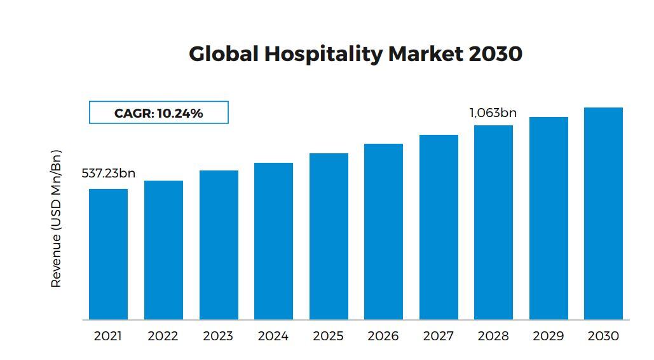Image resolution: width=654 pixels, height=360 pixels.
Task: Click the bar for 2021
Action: coord(108,254)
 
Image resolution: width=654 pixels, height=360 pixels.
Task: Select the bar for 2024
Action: coord(273,241)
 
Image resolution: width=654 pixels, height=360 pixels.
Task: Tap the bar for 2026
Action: coord(383,232)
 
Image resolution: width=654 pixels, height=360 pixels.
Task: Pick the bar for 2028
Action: coord(493,223)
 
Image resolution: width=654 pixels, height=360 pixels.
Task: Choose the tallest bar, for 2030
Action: coord(603,214)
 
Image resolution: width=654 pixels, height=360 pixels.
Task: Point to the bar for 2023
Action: coord(219,245)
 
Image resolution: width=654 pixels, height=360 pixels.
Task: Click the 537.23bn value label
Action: coord(108,174)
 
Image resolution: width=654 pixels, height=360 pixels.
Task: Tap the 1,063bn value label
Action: coord(493,113)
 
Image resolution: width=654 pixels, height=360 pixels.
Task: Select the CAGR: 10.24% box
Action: coord(158,113)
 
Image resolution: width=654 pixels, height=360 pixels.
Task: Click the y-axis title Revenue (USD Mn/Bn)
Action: coord(56,219)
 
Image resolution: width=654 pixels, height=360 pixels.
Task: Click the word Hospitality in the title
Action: coord(323,54)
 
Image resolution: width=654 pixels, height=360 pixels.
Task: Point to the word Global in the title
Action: coord(224,54)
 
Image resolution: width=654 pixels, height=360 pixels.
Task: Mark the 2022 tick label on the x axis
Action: coord(163,336)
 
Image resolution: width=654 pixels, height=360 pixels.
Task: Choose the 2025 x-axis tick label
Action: coord(328,336)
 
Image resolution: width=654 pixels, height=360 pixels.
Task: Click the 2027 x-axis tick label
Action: coord(438,336)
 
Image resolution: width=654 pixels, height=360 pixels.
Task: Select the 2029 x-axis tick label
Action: coord(548,336)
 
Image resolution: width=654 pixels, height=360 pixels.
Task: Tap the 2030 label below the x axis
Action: coord(603,336)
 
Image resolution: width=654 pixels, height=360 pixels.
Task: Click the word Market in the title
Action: coord(425,54)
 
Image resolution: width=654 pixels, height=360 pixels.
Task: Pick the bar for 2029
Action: coord(548,218)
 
